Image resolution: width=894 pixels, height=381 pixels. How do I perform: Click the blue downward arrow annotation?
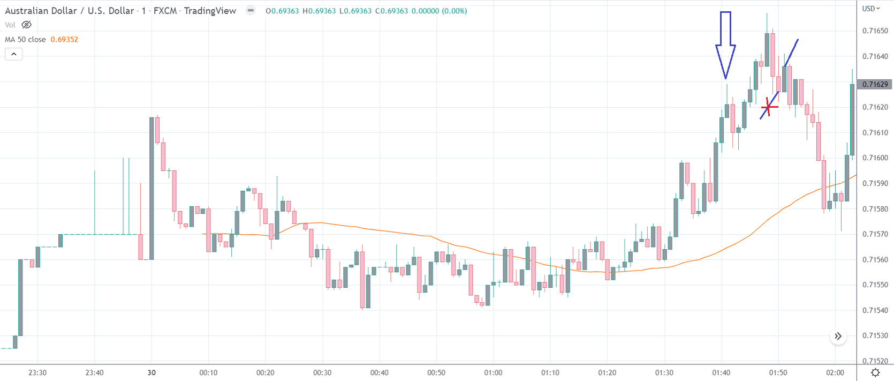coord(725,46)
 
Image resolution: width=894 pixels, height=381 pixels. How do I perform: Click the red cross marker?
coord(769,107)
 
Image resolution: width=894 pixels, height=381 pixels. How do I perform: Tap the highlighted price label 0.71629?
coord(875,84)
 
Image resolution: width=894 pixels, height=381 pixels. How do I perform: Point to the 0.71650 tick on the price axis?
coord(875,31)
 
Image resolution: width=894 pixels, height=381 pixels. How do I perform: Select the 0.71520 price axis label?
coord(875,361)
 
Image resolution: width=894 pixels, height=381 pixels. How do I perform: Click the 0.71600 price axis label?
coord(875,158)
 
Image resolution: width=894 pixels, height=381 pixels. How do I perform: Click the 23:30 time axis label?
coord(37,372)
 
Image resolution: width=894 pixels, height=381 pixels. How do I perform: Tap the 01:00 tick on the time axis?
coord(493,372)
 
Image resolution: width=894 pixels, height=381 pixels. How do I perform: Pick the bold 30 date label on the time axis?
coord(151,372)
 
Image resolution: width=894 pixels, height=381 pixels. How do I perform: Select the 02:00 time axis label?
coord(835,372)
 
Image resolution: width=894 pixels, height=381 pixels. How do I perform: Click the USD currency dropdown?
coord(870,9)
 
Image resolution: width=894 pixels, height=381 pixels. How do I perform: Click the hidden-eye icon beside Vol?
coord(26,25)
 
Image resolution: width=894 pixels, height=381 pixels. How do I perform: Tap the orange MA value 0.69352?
coord(64,40)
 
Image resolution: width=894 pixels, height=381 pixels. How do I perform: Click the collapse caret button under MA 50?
coord(14,54)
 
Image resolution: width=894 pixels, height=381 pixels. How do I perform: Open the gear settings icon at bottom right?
coord(875,372)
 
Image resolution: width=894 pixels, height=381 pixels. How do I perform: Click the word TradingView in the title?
coord(210,11)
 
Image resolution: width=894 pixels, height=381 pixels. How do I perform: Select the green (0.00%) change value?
coord(454,11)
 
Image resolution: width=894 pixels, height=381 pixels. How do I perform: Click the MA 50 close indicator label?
coord(25,40)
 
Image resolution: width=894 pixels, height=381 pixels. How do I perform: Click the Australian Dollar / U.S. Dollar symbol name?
coord(70,11)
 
